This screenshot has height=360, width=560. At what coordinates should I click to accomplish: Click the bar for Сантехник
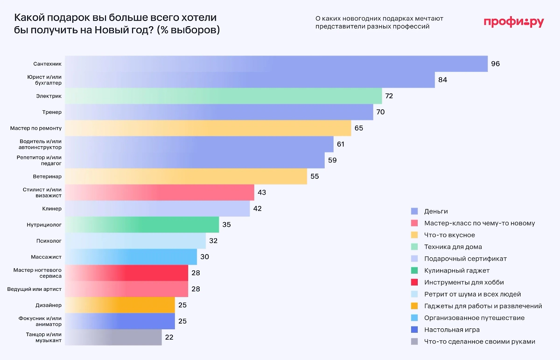pos(276,64)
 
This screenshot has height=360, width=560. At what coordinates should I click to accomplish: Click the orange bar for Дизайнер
pos(119,305)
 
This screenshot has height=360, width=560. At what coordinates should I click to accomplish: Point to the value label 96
pos(495,64)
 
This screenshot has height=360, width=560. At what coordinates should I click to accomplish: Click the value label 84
pos(442,80)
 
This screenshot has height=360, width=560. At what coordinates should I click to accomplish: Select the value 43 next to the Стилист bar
pos(261,192)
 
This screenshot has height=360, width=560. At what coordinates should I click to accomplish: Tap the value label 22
pos(169,338)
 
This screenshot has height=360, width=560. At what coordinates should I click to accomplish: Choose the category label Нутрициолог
pos(44,225)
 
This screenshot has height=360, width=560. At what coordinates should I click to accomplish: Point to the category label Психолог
pos(49,241)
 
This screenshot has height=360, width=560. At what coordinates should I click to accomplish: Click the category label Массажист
pos(46,257)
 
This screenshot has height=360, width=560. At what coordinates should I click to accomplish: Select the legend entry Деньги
pos(436,211)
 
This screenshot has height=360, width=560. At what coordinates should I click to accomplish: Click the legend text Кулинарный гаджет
pos(456,270)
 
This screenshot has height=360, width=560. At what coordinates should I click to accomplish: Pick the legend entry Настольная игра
pos(452,330)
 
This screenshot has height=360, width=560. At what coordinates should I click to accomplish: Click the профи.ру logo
pos(513,22)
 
